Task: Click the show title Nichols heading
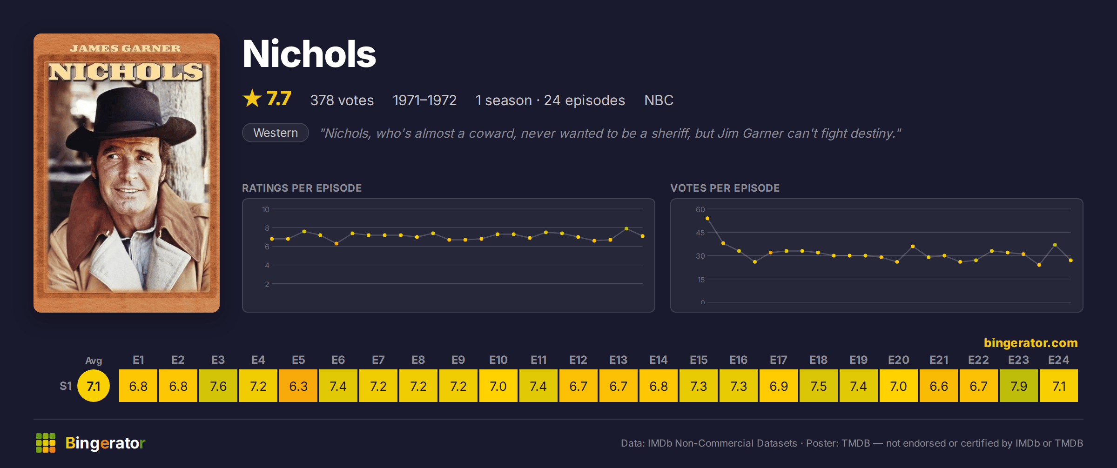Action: tap(309, 54)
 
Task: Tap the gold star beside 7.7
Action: tap(252, 98)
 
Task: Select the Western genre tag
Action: tap(276, 133)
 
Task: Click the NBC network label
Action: tap(659, 100)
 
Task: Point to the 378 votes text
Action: tap(342, 100)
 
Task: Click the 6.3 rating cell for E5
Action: tap(298, 386)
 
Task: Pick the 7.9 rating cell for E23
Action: tap(1019, 386)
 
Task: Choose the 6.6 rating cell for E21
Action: tap(939, 386)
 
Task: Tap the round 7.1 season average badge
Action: tap(94, 386)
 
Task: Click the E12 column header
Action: tap(578, 360)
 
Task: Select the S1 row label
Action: tap(66, 386)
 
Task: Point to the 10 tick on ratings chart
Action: tap(265, 209)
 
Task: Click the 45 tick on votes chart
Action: tap(700, 233)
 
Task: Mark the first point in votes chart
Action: tap(707, 218)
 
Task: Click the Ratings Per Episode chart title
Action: tap(302, 188)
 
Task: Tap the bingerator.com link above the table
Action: tap(1030, 343)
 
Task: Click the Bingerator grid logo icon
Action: tap(46, 443)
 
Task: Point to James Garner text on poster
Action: tap(125, 48)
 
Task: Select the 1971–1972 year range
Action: tap(424, 100)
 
